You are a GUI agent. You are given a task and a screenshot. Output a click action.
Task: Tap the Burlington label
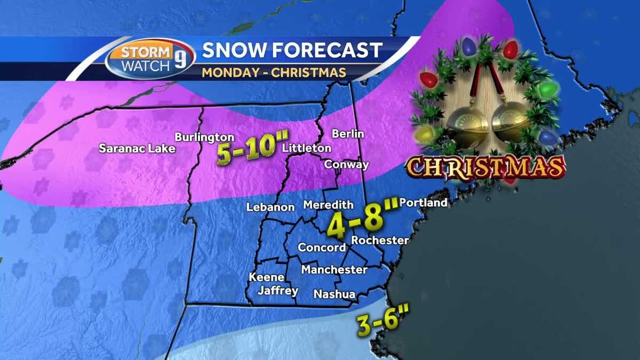point(204,138)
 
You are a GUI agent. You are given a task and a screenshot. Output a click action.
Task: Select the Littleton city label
point(307,148)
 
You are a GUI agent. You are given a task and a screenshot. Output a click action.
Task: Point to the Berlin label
point(348,133)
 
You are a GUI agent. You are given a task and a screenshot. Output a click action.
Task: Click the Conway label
point(347,164)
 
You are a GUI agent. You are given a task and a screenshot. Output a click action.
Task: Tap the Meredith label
point(329,205)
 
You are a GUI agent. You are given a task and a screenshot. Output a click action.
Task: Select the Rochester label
point(380,241)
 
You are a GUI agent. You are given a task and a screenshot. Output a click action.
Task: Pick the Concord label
point(322,247)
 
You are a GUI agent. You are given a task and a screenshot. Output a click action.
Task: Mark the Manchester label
point(334,270)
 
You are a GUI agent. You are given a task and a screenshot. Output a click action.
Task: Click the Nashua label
point(334,294)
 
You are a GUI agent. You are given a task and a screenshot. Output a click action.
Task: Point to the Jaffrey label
point(277,291)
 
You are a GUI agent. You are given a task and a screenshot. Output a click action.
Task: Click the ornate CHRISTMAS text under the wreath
point(485,167)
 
